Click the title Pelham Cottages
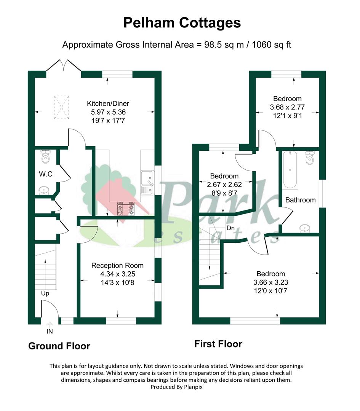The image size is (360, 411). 182,23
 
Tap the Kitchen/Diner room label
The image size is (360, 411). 108,104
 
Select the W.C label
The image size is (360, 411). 46,174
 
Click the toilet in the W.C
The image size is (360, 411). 46,157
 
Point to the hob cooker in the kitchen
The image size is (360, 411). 126,209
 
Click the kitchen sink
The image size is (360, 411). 147,183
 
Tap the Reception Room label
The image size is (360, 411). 117,266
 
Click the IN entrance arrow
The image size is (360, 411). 50,325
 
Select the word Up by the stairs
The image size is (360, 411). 45,293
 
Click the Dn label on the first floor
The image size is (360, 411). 230,228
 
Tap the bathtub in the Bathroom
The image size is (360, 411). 290,170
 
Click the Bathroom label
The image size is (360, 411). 301,200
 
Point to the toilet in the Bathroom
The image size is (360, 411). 310,158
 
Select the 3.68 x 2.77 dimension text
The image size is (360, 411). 287,107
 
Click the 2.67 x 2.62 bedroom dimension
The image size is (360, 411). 224,185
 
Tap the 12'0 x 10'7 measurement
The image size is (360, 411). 270,291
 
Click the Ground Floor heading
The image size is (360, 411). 59,346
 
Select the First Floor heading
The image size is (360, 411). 218,344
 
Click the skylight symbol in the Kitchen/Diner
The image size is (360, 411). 61,107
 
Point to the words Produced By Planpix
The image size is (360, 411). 177,387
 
